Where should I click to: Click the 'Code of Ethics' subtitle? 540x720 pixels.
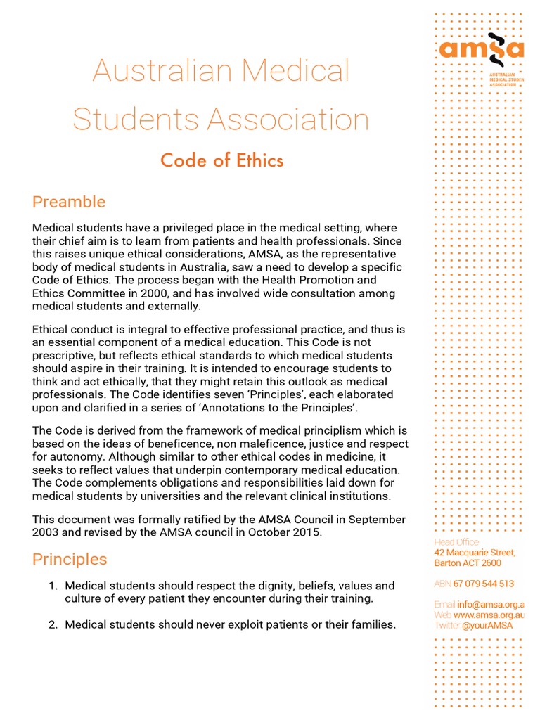(x=221, y=160)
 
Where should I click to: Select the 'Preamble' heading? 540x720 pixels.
(x=69, y=202)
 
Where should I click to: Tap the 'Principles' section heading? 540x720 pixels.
(x=70, y=559)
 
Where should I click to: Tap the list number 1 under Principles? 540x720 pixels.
(x=53, y=586)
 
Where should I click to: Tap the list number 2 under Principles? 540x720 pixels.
(x=53, y=624)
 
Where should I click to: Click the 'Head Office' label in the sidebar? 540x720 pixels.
(x=456, y=542)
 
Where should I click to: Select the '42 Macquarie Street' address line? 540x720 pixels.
(x=475, y=553)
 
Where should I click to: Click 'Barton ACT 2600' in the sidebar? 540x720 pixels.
(x=468, y=563)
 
